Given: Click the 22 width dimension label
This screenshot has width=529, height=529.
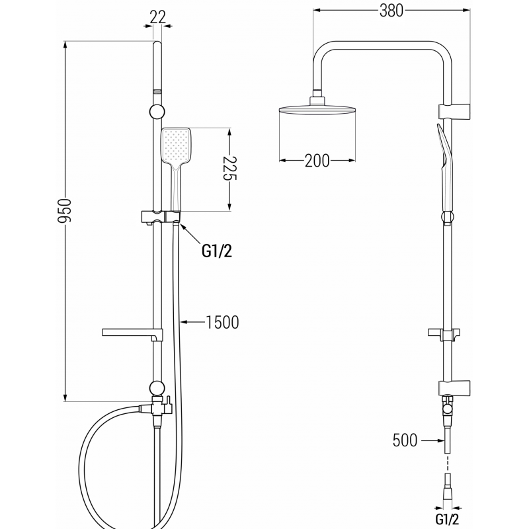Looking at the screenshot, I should [157, 17].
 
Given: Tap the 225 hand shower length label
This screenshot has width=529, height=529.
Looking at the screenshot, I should [229, 169].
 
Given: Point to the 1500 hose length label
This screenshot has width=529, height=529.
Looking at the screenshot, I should [222, 323].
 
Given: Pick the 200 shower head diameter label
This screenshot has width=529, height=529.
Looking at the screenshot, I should [317, 161].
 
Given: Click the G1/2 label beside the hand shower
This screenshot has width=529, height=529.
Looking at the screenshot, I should [217, 250].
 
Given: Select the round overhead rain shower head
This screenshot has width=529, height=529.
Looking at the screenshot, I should [317, 114].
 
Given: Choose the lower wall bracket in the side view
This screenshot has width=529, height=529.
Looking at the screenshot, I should [455, 387].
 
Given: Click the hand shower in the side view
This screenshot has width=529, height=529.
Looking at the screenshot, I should [444, 165].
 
